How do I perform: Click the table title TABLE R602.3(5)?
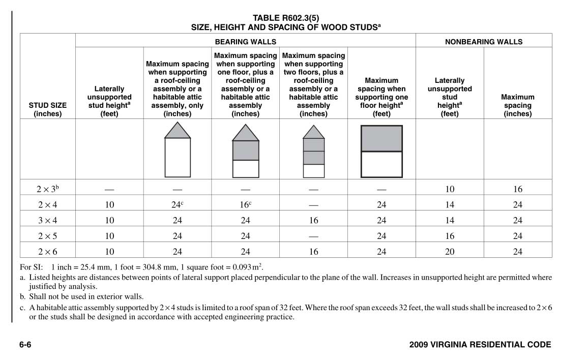[x=286, y=18]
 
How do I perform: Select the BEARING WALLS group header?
[x=245, y=42]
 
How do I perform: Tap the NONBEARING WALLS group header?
[x=484, y=42]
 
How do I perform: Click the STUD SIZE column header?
[x=48, y=109]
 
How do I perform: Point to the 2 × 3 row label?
[x=48, y=189]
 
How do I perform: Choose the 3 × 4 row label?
[x=48, y=220]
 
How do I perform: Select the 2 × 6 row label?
[x=48, y=251]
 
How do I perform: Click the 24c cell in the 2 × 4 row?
[x=177, y=204]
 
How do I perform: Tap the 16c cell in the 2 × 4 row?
[x=245, y=204]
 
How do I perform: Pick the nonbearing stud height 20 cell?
[x=450, y=251]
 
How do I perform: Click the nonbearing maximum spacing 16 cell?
[x=518, y=189]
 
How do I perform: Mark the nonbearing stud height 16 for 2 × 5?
[x=450, y=236]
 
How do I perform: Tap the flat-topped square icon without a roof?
[x=381, y=151]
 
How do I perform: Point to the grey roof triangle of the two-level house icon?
[x=246, y=133]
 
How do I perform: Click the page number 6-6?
[x=25, y=345]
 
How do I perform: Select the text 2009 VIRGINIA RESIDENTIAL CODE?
[x=480, y=345]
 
